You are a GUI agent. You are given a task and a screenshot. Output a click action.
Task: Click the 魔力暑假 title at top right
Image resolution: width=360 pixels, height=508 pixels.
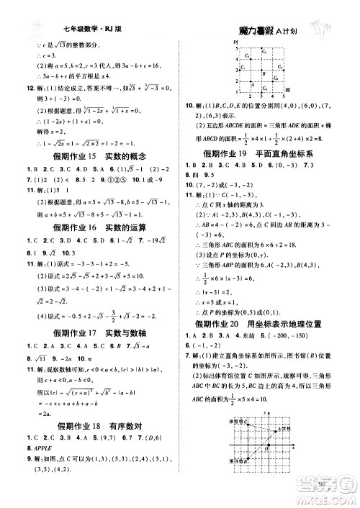pos(267,32)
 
